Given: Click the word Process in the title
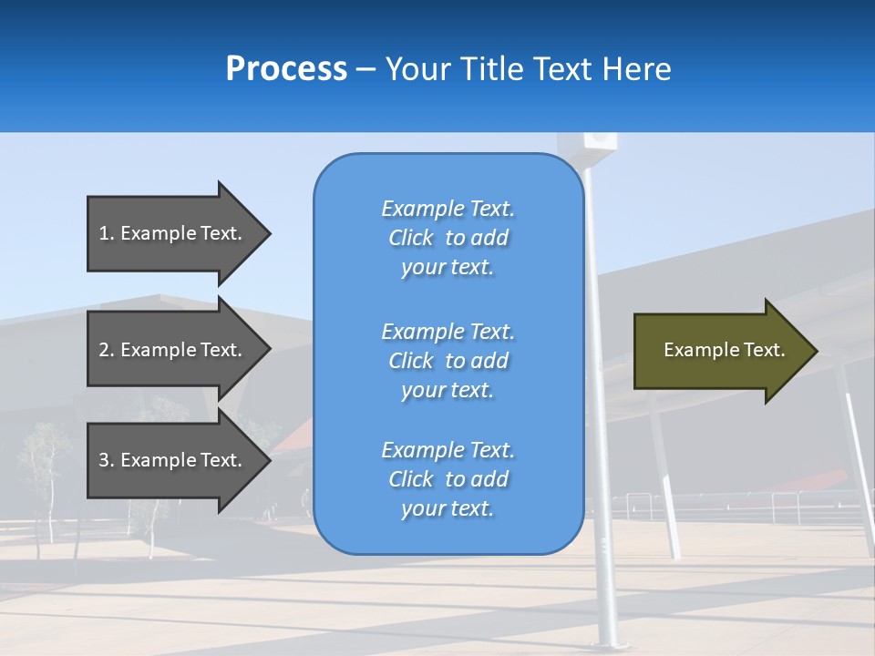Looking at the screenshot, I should (286, 69).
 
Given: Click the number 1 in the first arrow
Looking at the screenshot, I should (104, 233).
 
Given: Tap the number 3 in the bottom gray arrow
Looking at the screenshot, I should (104, 460).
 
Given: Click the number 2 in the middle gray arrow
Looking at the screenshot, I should (104, 350).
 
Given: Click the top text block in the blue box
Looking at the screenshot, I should (448, 238).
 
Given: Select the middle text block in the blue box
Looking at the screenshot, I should (448, 361).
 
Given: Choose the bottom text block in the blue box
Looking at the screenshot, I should (448, 479).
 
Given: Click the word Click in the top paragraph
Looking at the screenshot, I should (411, 238).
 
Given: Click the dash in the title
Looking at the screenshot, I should (365, 70).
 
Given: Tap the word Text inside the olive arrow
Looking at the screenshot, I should (765, 350).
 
